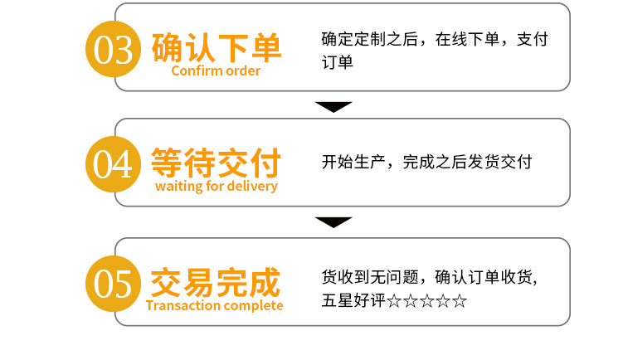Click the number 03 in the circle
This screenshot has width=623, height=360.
coord(114,50)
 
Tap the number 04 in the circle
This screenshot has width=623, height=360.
coord(114,163)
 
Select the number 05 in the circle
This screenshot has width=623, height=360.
coord(114,282)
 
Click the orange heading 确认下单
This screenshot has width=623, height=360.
coord(217,46)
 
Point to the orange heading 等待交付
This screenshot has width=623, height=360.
coord(216,161)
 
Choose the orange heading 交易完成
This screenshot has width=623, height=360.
coord(215,280)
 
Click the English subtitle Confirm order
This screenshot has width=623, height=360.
coord(216,71)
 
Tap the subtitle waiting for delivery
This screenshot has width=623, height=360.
coord(216,186)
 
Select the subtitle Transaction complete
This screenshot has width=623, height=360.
coord(214,305)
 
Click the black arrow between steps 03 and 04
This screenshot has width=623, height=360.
coord(333,106)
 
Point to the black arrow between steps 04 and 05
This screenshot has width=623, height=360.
coord(333,221)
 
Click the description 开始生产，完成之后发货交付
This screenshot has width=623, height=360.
coord(426,162)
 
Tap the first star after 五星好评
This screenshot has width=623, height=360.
coord(394,300)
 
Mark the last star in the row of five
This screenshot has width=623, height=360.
coord(460,300)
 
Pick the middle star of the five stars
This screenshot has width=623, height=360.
coord(427,300)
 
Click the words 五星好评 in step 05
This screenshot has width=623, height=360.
coord(354,300)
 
